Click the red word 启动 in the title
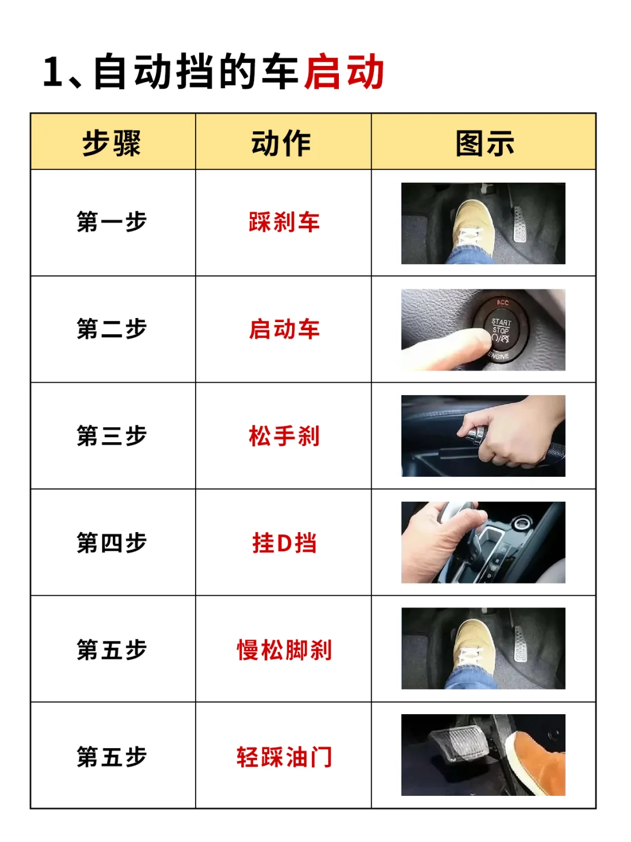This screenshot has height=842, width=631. point(344,72)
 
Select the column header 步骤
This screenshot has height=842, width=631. point(112,143)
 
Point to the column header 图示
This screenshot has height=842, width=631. point(484,143)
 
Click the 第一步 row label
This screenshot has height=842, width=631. point(112,222)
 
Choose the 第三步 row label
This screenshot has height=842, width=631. point(112,436)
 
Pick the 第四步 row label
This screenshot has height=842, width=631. point(112,543)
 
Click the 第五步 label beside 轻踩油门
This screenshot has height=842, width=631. point(112,757)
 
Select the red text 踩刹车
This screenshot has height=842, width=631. point(284,222)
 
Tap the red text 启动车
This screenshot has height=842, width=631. point(284,329)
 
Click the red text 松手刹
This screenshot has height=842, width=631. point(284,436)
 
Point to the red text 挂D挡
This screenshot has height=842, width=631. point(284,543)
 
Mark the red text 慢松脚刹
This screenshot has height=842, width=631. point(284,650)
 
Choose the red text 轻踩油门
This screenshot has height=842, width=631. point(284,757)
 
